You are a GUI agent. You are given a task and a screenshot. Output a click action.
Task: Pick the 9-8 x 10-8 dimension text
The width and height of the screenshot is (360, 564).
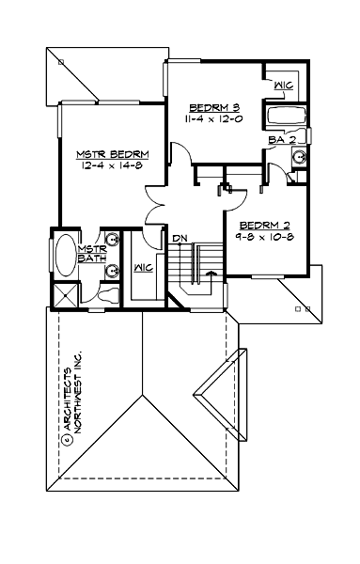pyautogui.click(x=264, y=240)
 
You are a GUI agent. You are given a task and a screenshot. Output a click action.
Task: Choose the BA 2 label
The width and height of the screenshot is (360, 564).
pyautogui.click(x=282, y=140)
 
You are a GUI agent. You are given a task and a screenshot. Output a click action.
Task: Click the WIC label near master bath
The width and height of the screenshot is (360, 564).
pyautogui.click(x=143, y=267)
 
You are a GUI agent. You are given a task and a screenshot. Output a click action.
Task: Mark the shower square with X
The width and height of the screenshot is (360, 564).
pyautogui.click(x=65, y=294)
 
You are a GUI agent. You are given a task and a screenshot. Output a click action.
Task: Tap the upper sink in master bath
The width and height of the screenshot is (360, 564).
pyautogui.click(x=113, y=239)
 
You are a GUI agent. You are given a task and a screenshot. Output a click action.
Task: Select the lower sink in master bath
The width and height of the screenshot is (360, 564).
pyautogui.click(x=113, y=273)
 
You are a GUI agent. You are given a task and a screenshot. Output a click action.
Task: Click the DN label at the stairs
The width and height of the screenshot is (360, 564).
pyautogui.click(x=180, y=239)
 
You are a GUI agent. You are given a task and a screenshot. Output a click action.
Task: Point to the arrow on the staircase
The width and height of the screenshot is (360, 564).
pyautogui.click(x=210, y=274)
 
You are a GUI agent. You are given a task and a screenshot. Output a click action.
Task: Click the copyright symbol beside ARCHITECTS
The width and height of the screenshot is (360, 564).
pyautogui.click(x=68, y=437)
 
